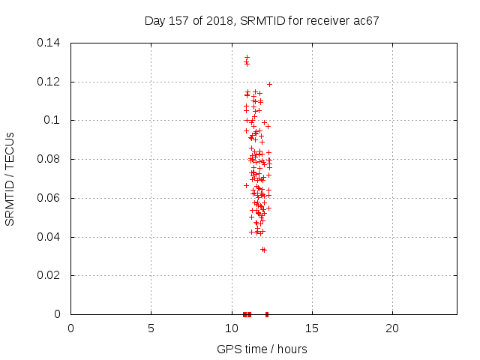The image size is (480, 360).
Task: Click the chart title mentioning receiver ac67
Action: [262, 21]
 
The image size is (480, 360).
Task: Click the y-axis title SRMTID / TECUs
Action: [10, 179]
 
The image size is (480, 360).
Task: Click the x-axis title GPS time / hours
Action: [262, 349]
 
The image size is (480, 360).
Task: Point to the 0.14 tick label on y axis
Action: [48, 43]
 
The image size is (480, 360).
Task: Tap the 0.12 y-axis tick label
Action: [48, 82]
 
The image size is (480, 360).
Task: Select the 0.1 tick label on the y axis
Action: [52, 120]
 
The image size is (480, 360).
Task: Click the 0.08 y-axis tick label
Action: [48, 159]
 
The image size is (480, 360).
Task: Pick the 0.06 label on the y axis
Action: [48, 198]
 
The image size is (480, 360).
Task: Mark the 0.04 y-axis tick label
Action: [48, 237]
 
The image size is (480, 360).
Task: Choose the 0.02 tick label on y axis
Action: [48, 275]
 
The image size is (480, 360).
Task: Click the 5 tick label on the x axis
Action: [151, 328]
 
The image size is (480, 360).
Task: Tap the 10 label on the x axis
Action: [232, 328]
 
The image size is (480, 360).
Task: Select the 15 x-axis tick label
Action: [312, 328]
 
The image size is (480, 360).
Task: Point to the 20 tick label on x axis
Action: [392, 328]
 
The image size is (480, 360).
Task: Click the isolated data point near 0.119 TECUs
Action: [269, 84]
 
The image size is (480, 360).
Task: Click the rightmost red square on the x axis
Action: [267, 314]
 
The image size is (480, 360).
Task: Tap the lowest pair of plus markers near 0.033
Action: [263, 250]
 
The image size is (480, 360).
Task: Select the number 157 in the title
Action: [178, 21]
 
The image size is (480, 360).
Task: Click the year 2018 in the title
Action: [220, 21]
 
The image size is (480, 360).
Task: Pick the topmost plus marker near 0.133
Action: [247, 57]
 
